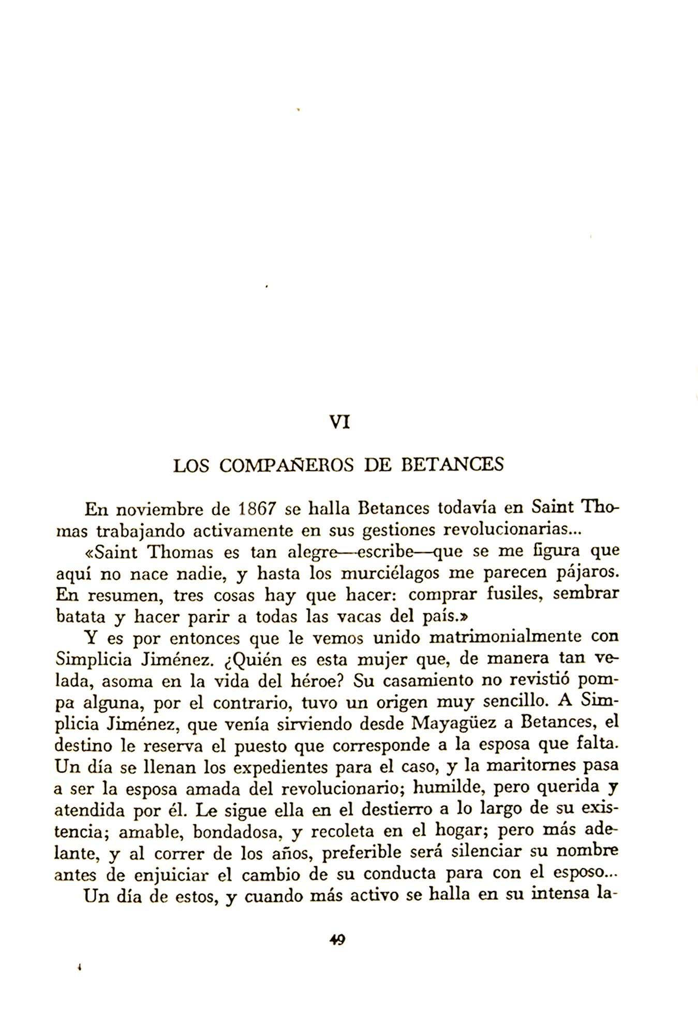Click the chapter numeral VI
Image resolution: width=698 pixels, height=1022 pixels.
pyautogui.click(x=340, y=422)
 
